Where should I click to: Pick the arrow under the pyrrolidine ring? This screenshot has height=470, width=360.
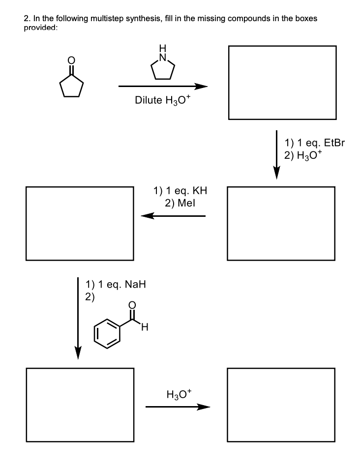coord(163,87)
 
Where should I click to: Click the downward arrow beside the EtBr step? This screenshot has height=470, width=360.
coord(277,155)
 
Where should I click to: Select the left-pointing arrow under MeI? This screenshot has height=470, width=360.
coord(173,215)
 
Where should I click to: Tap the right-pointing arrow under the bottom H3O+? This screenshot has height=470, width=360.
coord(178,407)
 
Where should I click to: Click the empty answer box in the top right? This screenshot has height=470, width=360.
coord(282,83)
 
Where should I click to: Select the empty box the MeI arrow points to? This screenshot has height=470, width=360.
coord(80,223)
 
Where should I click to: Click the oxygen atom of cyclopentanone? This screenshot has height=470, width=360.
coord(72,61)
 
